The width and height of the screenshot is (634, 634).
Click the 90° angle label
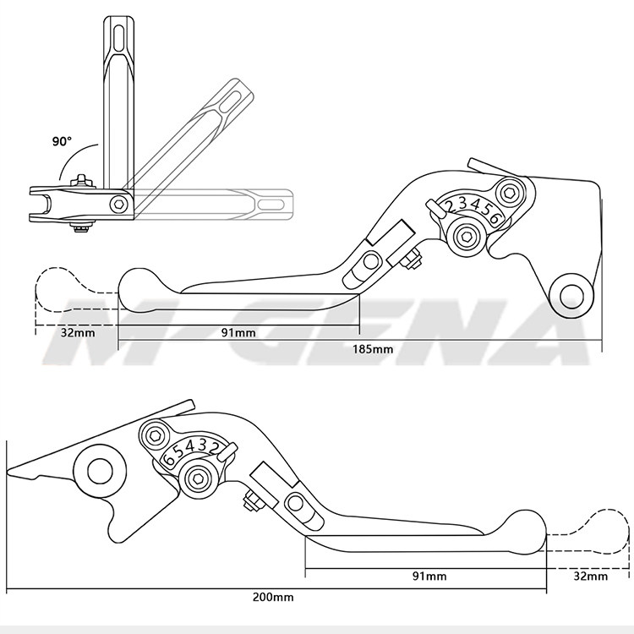tap(62, 141)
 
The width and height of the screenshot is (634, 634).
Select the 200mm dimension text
tap(273, 597)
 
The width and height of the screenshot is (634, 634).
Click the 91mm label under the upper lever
tap(238, 332)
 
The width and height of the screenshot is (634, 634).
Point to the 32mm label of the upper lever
tap(78, 332)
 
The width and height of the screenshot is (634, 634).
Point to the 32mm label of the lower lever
tap(590, 577)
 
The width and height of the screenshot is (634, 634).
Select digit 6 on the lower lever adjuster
tap(169, 457)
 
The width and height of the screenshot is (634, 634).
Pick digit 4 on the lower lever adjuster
tap(193, 445)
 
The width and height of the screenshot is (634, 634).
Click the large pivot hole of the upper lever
tap(571, 295)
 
